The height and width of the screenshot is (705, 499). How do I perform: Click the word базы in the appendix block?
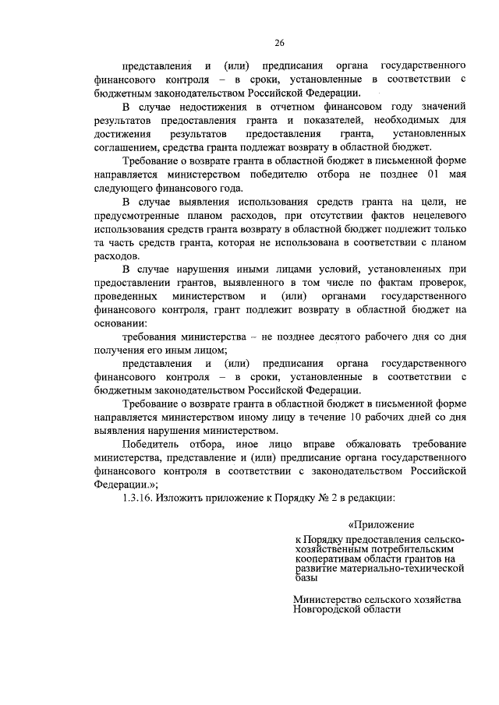[306, 580]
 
